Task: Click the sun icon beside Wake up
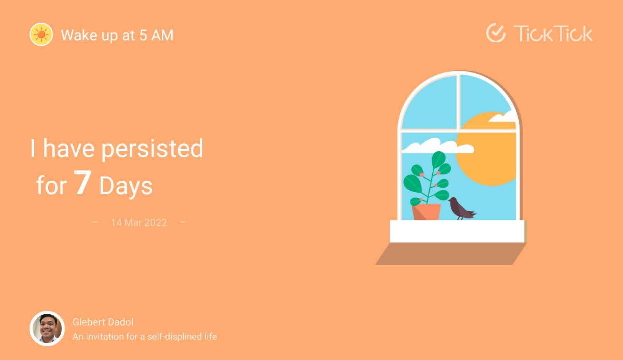point(41,35)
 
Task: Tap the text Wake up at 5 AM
point(117,35)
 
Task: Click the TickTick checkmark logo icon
point(496,33)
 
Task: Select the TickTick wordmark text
point(553,34)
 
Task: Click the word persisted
point(152,149)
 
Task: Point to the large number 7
point(82,182)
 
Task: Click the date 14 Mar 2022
point(139,223)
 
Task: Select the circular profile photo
point(47,329)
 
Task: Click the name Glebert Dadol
point(103,322)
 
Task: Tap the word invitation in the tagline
point(105,337)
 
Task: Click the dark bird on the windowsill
point(461,209)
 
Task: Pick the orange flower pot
point(426,212)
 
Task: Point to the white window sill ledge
point(457,231)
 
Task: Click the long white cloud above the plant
point(438,146)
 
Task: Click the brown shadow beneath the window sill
point(450,253)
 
